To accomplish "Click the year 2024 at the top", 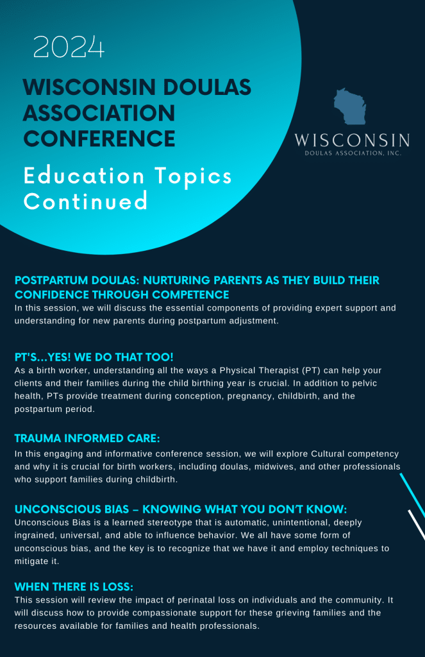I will [x=69, y=47].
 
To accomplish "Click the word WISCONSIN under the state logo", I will [x=352, y=141].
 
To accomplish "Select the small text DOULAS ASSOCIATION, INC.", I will [x=352, y=153].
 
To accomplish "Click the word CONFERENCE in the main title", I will [x=99, y=138].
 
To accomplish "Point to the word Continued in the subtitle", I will [x=86, y=201].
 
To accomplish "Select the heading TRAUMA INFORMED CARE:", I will [x=87, y=439].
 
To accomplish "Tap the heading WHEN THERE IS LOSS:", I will [x=74, y=586].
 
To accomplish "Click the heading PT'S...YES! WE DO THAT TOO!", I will [x=94, y=356].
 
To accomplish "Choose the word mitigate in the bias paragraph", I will [x=33, y=561].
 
